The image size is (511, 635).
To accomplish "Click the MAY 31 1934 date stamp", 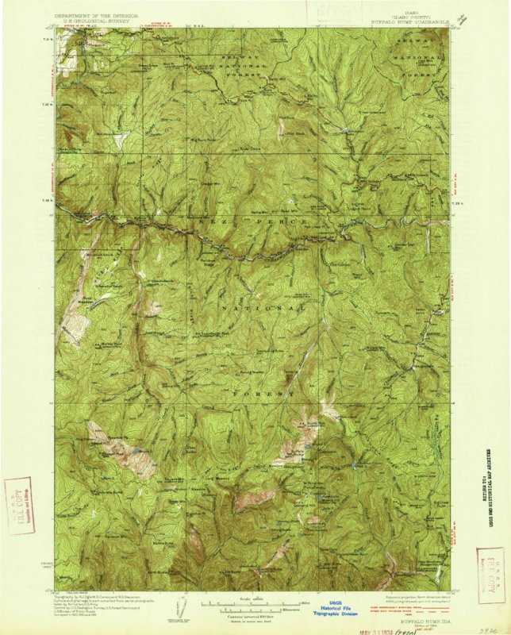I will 357,627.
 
